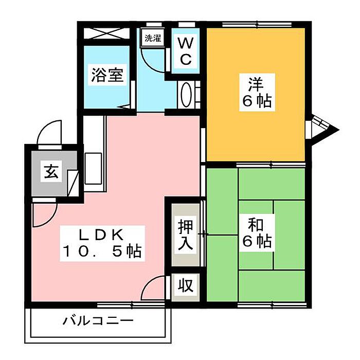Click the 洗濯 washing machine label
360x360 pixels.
click(152, 38)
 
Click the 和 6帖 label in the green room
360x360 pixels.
click(256, 233)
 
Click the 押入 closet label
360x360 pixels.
click(185, 234)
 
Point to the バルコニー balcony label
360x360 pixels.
click(98, 321)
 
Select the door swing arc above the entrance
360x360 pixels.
click(49, 133)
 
